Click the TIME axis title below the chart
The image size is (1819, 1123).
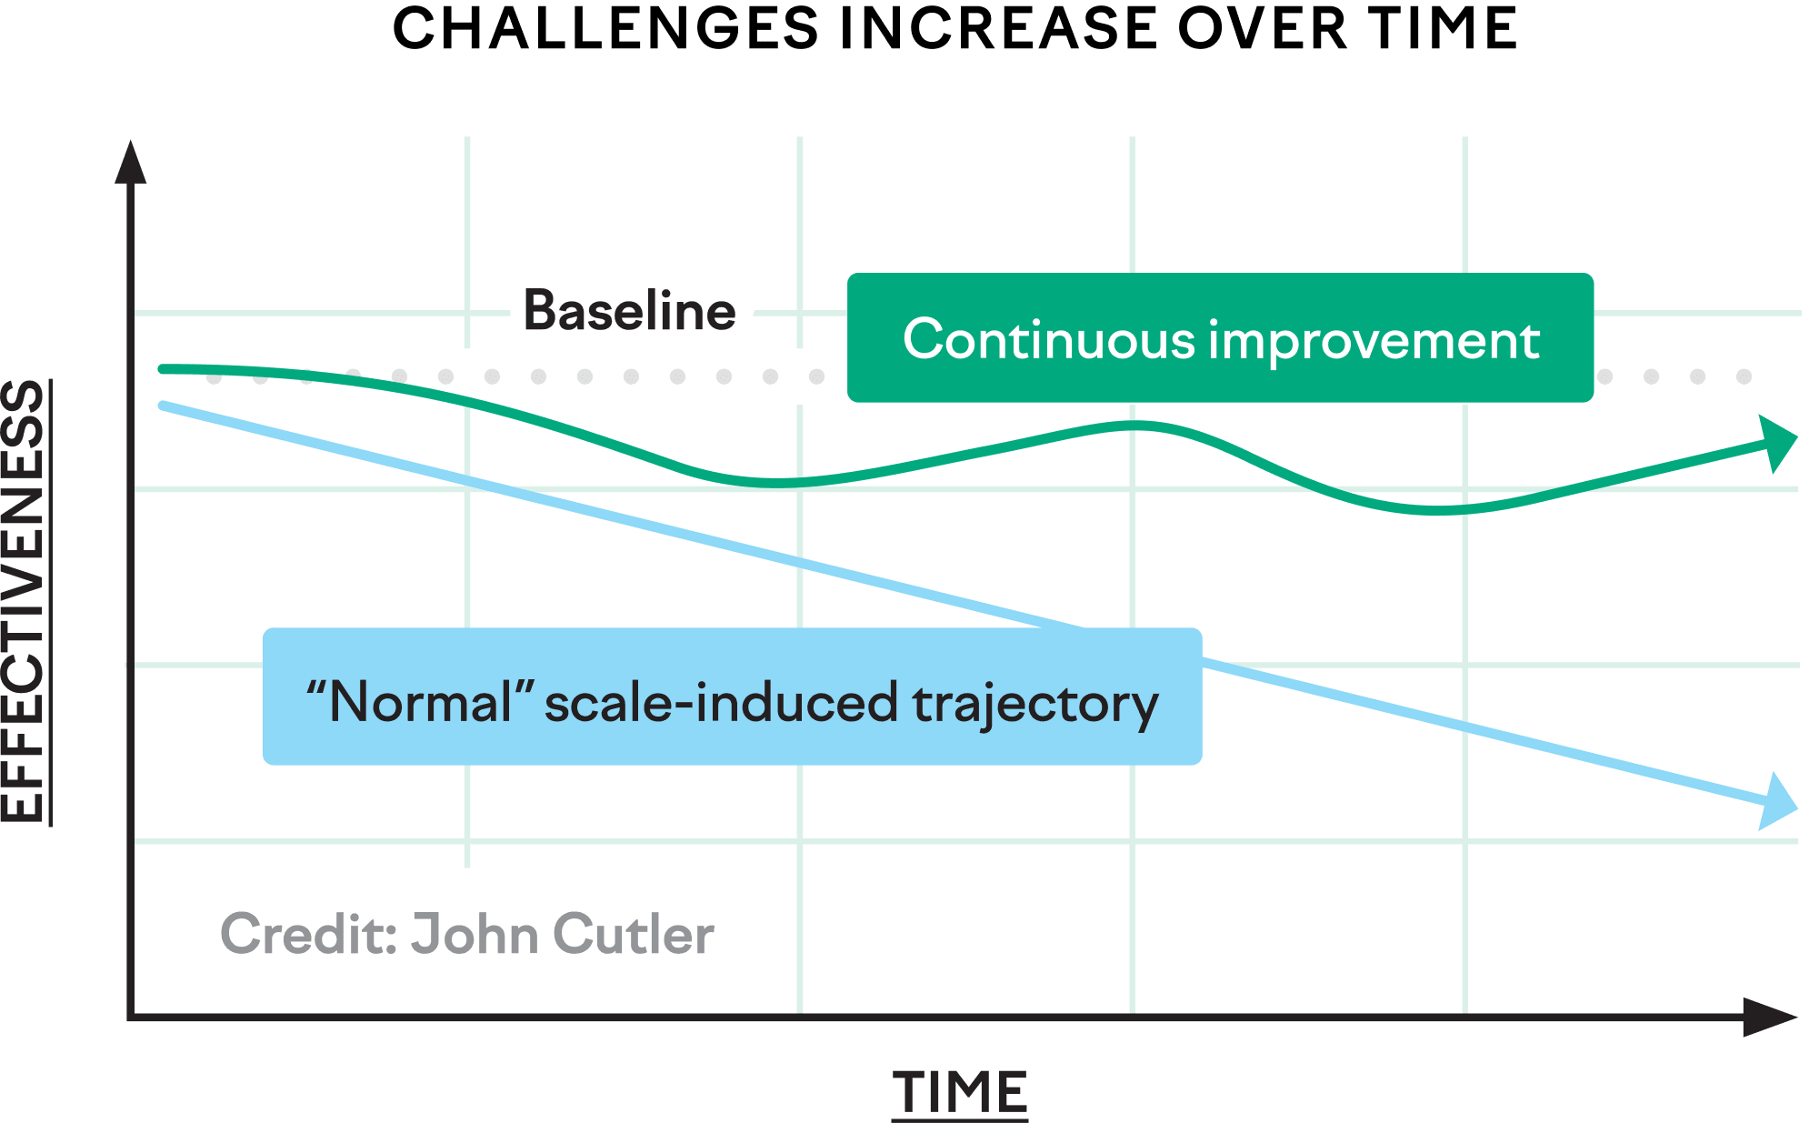point(959,1093)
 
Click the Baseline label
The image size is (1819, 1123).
point(629,311)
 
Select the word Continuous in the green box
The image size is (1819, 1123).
point(1048,340)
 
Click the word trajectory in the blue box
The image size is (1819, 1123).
point(1035,704)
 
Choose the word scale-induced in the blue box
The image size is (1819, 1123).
point(722,704)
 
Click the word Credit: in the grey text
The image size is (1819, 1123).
point(309,935)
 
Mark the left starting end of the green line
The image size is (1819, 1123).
point(163,369)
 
